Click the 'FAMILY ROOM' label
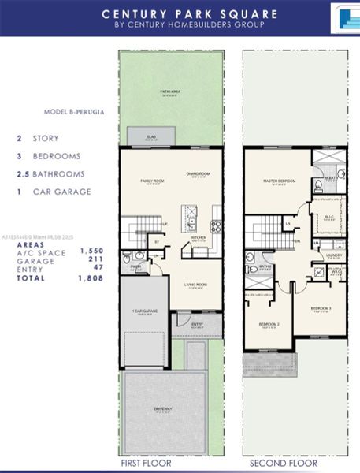[x=152, y=181]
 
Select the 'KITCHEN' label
[x=199, y=236]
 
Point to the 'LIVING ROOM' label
[x=195, y=285]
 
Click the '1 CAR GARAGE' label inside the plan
[x=145, y=311]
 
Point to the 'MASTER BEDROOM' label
[x=279, y=181]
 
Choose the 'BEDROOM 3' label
[x=321, y=308]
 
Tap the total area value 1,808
[x=92, y=278]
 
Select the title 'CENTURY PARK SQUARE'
[x=190, y=13]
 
